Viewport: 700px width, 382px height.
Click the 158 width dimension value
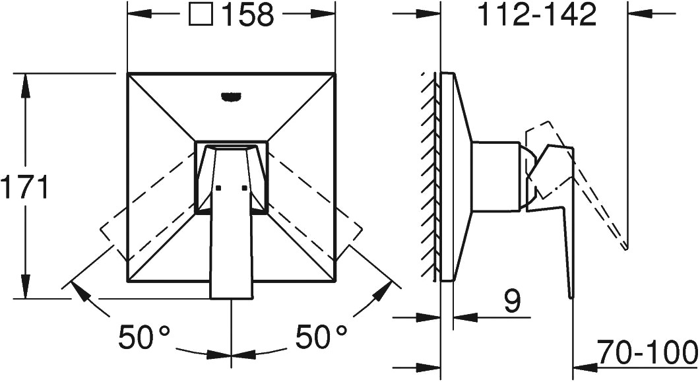point(248,15)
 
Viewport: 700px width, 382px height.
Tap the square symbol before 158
point(201,15)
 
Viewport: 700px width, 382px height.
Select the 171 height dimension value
point(24,187)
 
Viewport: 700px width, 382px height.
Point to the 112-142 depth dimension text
point(536,15)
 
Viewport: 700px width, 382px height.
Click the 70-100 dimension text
point(648,352)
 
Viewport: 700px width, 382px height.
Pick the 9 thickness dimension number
point(513,302)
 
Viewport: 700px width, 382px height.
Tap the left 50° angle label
point(144,337)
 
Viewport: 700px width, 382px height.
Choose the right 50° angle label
point(321,337)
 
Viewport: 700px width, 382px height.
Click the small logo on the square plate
point(232,95)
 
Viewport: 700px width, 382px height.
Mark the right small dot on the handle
point(244,188)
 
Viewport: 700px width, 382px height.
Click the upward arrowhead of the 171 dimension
point(26,86)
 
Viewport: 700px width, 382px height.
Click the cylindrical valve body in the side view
point(496,176)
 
